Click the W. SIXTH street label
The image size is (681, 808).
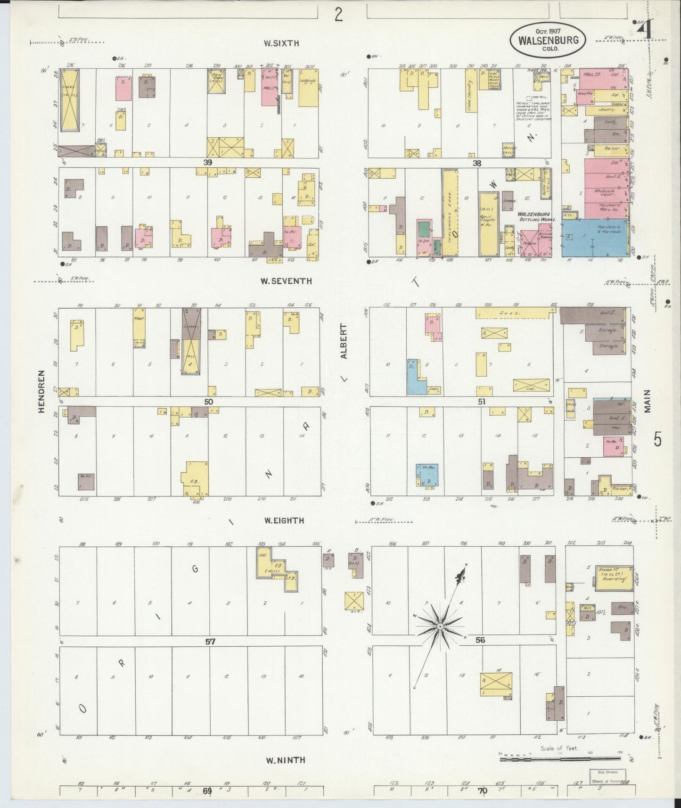pyautogui.click(x=281, y=44)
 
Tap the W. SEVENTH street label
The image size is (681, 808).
pyautogui.click(x=286, y=281)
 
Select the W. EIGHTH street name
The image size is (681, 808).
pyautogui.click(x=284, y=521)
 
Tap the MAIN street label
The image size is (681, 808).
pyautogui.click(x=648, y=402)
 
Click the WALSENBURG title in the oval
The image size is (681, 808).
pyautogui.click(x=548, y=41)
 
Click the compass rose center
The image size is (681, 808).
pyautogui.click(x=439, y=626)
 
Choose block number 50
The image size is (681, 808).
pyautogui.click(x=209, y=402)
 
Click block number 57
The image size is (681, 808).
pyautogui.click(x=210, y=642)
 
